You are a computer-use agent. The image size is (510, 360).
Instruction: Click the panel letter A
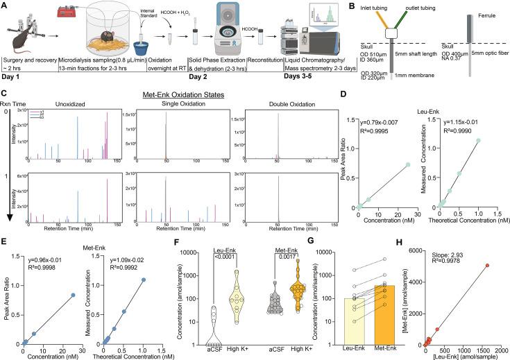5,5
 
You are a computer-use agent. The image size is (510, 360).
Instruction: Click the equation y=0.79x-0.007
375,123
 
